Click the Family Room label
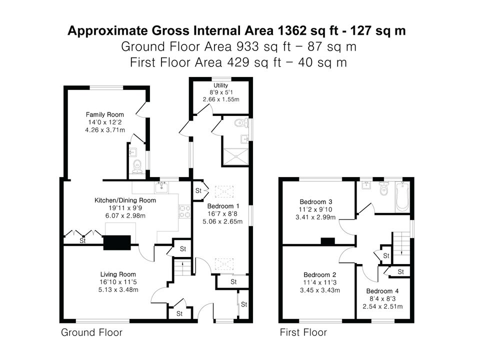[x=104, y=115]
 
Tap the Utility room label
[x=220, y=85]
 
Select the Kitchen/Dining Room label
[x=125, y=200]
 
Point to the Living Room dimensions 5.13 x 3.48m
[x=118, y=289]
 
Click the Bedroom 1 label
[x=223, y=206]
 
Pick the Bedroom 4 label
[x=382, y=291]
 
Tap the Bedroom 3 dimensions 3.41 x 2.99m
[x=315, y=217]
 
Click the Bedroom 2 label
[x=320, y=275]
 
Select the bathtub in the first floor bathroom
[x=402, y=196]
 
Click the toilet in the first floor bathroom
[x=383, y=188]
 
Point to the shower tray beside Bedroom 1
[x=235, y=157]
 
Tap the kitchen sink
[x=161, y=187]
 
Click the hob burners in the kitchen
[x=184, y=211]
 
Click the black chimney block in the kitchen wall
[x=117, y=243]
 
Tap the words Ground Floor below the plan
[x=91, y=332]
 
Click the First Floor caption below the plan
[x=303, y=332]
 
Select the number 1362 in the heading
[x=291, y=30]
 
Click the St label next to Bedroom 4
[x=400, y=272]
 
